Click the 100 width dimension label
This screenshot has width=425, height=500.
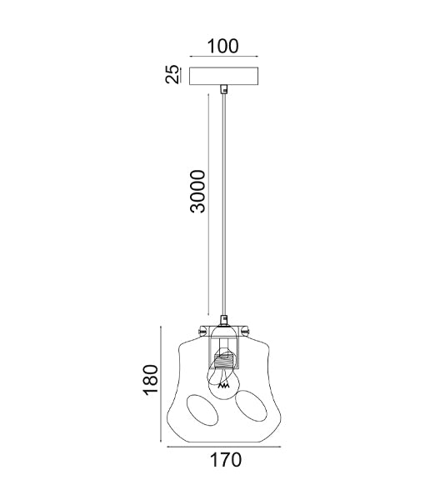[222, 46]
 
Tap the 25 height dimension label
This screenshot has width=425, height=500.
[172, 74]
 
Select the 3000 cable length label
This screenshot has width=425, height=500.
[197, 192]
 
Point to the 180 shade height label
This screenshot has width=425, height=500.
[150, 380]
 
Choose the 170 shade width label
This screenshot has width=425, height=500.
[225, 460]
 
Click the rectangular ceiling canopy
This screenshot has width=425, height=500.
[224, 76]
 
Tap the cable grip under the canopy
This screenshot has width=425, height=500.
[224, 89]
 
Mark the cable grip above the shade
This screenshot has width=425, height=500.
[224, 320]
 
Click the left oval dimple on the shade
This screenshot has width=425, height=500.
[202, 411]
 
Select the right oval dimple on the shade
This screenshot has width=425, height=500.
[251, 406]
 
